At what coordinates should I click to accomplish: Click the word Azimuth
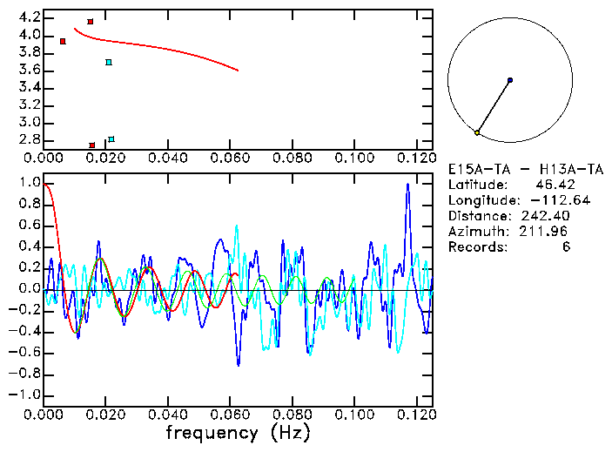point(475,231)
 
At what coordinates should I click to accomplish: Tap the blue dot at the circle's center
point(509,80)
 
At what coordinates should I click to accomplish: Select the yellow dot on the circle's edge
point(477,132)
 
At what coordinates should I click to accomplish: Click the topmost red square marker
point(91,22)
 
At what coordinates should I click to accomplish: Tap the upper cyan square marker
point(109,63)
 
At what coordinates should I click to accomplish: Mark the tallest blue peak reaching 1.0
point(407,186)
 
